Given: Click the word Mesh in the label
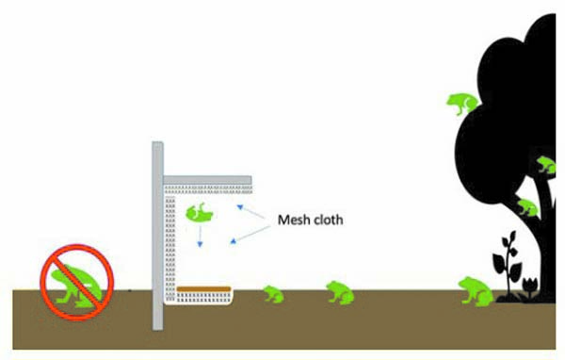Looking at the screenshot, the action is pos(292,221).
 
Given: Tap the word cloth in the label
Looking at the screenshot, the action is pos(326,221).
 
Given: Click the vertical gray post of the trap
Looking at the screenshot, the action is pos(157,236).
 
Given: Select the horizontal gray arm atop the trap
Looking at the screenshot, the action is pos(207,178).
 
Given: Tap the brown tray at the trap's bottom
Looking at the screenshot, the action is pos(203,288).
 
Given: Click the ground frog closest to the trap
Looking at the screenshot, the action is pos(272,295).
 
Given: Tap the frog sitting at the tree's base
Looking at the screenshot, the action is pos(474,290).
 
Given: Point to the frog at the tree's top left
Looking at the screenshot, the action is pos(461,103).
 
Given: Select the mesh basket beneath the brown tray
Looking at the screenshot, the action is pos(202,300).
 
